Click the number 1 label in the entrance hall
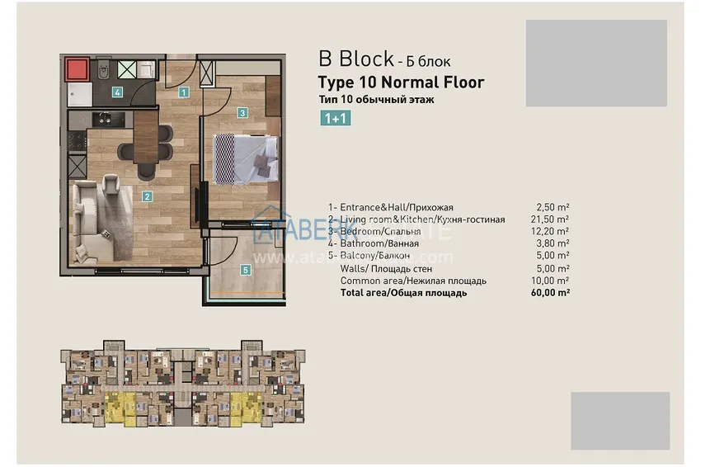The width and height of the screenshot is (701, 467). click(184, 92)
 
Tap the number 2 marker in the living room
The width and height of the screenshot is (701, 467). click(146, 196)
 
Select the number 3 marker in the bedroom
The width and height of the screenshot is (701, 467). click(242, 112)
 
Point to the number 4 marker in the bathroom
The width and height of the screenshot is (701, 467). click(118, 92)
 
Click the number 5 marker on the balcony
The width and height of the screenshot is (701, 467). click(246, 269)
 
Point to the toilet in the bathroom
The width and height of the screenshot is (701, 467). click(101, 71)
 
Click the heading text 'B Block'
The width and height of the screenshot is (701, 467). click(355, 59)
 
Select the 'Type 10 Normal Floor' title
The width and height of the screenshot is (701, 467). click(401, 82)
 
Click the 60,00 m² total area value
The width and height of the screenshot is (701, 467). click(552, 292)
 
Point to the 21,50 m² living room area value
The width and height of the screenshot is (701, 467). click(552, 219)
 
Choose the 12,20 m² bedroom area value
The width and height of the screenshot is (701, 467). click(552, 232)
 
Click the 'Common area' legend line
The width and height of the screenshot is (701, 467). click(413, 281)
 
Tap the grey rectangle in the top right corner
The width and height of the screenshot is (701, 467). click(596, 64)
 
